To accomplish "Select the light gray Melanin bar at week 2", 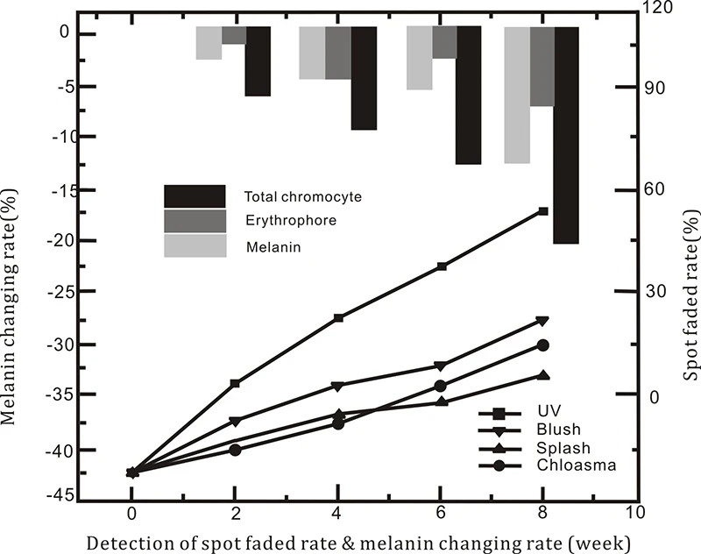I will pyautogui.click(x=209, y=42).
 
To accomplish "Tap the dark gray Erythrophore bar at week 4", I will pyautogui.click(x=338, y=53).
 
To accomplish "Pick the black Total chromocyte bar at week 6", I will pyautogui.click(x=469, y=95).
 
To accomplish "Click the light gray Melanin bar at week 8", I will pyautogui.click(x=517, y=95).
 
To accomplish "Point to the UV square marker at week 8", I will pyautogui.click(x=543, y=211).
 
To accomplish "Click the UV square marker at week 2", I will pyautogui.click(x=235, y=383).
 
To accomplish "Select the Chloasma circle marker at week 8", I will pyautogui.click(x=543, y=345).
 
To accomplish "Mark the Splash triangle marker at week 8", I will pyautogui.click(x=543, y=375).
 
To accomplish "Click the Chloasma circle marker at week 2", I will pyautogui.click(x=235, y=450).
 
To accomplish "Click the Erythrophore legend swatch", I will pyautogui.click(x=195, y=221).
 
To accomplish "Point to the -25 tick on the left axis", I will pyautogui.click(x=56, y=293).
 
